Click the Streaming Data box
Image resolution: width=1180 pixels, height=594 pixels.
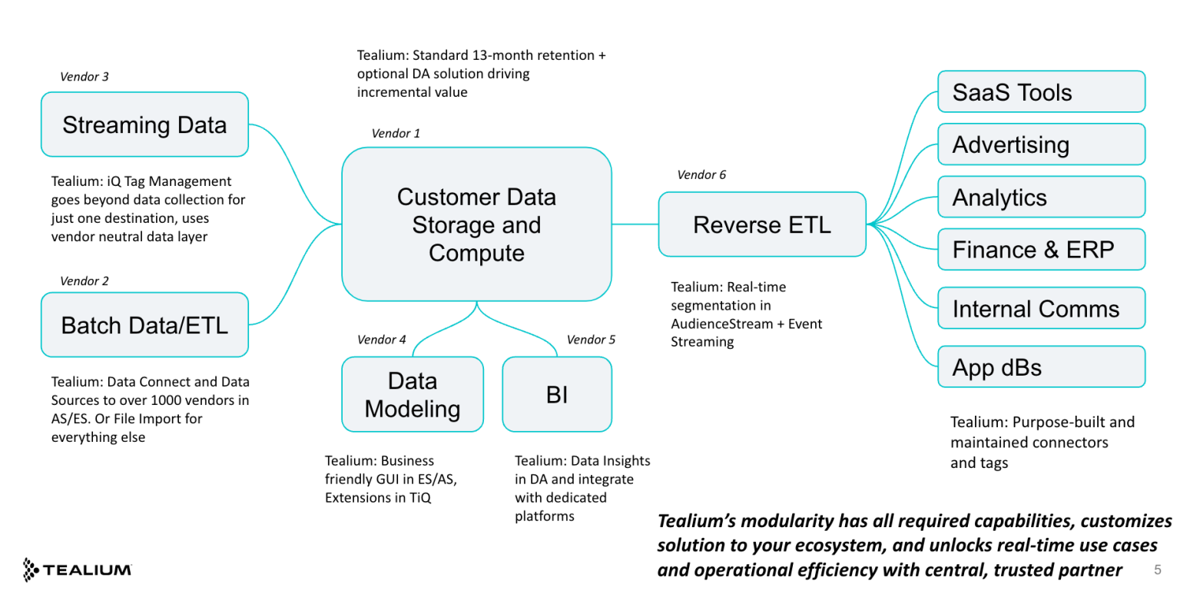point(144,124)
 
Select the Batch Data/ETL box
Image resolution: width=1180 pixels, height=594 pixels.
point(144,324)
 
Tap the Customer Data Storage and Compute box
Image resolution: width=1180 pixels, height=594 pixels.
point(476,224)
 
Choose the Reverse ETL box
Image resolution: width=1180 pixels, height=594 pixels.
point(762,224)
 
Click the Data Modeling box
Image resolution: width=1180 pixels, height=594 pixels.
point(413,394)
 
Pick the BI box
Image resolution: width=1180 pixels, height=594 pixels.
point(557,394)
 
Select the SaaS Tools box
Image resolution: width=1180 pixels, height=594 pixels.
point(1041,92)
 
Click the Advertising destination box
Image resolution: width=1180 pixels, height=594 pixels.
point(1041,144)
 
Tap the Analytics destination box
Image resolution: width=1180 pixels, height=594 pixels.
point(1041,197)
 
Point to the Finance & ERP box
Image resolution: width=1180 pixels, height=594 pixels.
point(1041,250)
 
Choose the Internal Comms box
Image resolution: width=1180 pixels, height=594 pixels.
point(1041,308)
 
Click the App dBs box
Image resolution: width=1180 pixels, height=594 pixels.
point(1041,367)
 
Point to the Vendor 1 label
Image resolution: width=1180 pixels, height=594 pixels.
point(396,133)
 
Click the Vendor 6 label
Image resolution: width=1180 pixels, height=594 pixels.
point(701,174)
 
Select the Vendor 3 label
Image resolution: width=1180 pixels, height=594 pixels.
point(84,76)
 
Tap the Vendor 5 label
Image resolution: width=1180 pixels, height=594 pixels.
point(591,339)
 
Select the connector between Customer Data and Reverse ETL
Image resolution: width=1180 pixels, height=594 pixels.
point(635,224)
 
